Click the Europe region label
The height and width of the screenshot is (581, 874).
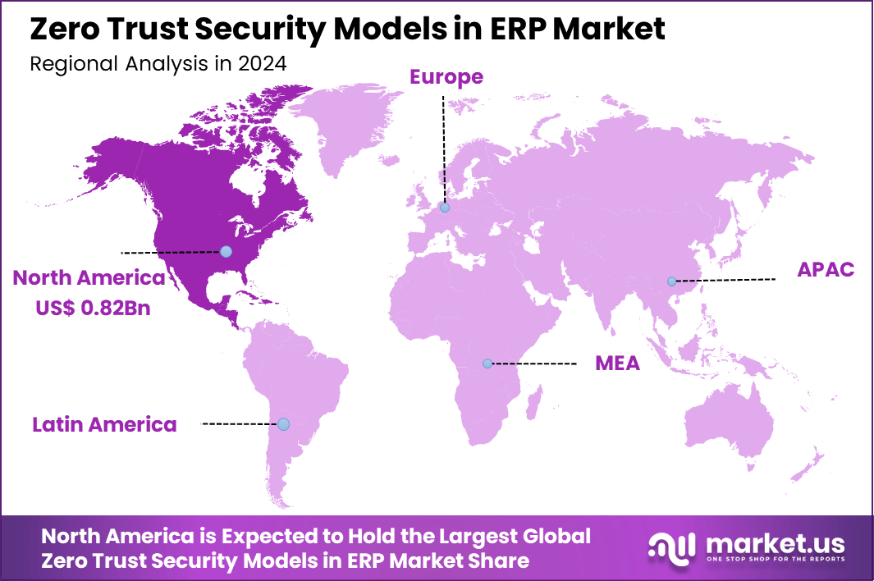click(x=446, y=77)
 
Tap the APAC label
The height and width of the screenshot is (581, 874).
click(x=826, y=269)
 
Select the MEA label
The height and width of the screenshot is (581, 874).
click(x=617, y=364)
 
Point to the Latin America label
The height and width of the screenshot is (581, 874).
click(x=104, y=424)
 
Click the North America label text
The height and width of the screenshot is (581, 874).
click(x=89, y=278)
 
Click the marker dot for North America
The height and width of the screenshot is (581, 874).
click(x=226, y=251)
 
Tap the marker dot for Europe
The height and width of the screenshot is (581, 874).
click(x=444, y=208)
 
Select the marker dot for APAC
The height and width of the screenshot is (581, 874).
click(x=671, y=281)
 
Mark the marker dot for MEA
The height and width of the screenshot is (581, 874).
click(x=487, y=363)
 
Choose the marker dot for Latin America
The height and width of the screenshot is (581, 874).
click(x=283, y=424)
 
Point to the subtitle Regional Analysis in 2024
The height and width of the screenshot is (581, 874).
click(x=158, y=64)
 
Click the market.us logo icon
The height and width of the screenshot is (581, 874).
click(x=673, y=546)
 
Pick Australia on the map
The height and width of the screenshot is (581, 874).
click(x=730, y=427)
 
